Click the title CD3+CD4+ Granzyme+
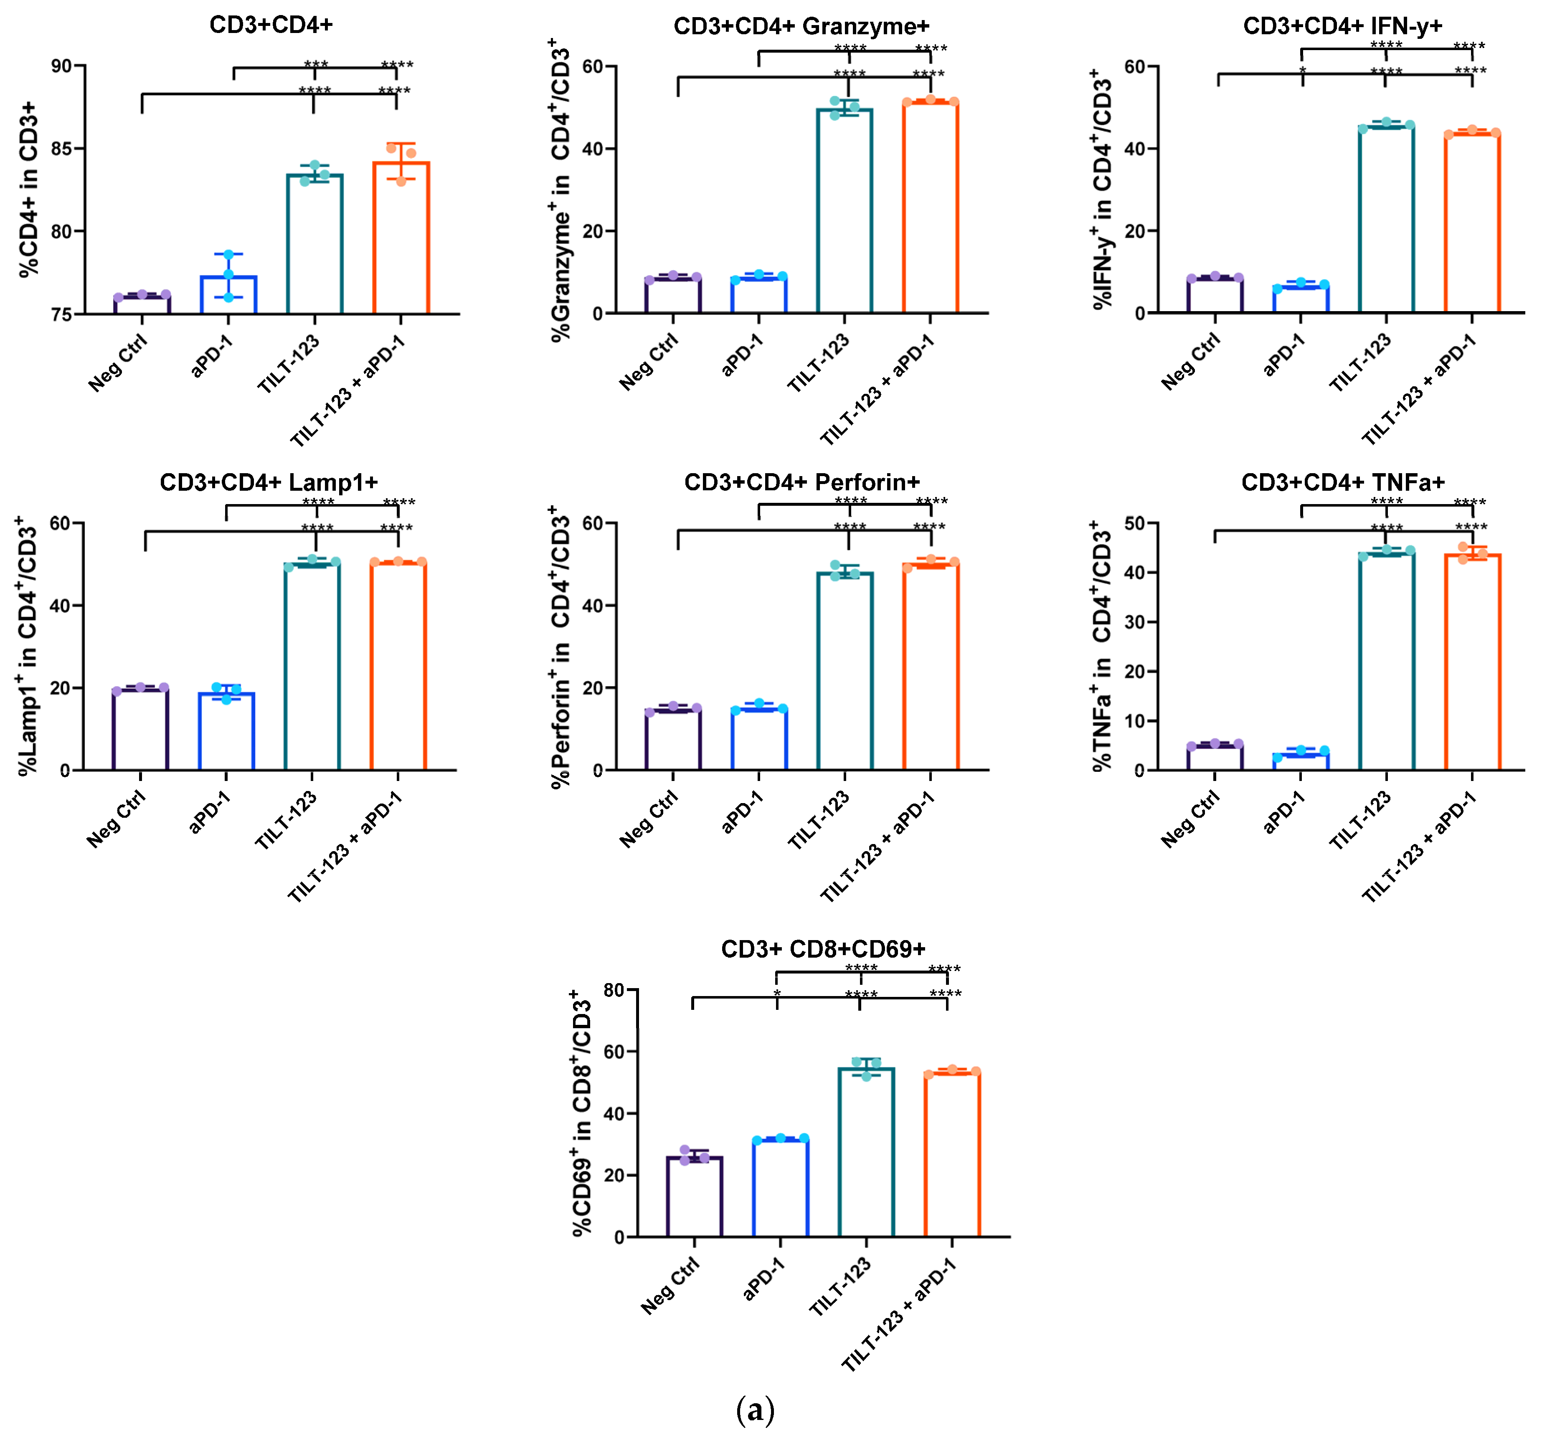801,26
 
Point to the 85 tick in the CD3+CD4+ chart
62,148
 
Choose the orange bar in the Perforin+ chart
931,667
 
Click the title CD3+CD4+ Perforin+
801,482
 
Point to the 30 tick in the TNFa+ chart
1134,622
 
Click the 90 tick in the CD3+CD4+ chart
62,66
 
